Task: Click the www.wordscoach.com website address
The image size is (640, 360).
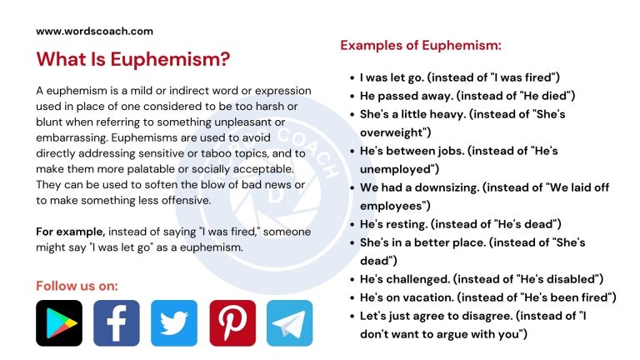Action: [x=94, y=31]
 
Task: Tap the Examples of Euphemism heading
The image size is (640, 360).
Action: [x=420, y=45]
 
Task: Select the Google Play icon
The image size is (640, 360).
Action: [x=59, y=323]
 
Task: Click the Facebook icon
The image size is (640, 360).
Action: [x=117, y=323]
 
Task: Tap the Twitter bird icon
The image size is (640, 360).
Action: [x=174, y=323]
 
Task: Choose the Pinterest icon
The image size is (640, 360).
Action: [x=232, y=323]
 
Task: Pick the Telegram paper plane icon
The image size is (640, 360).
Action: [x=289, y=323]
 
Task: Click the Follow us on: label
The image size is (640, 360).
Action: [x=77, y=286]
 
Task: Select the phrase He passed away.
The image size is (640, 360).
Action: [x=404, y=96]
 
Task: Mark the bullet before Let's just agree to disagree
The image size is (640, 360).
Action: [x=351, y=316]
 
